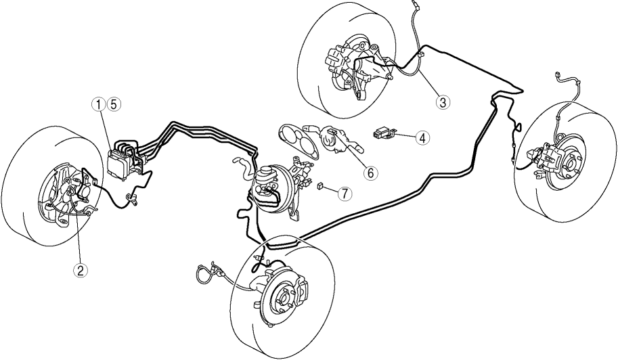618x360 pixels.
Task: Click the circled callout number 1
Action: (x=99, y=104)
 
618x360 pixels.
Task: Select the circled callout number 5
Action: (x=114, y=104)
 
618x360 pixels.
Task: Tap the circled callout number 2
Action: (x=81, y=270)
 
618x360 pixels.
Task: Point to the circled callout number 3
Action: (x=443, y=102)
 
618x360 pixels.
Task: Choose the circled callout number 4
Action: (x=422, y=138)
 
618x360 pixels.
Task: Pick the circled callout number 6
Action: (x=370, y=173)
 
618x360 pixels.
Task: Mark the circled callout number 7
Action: (x=344, y=193)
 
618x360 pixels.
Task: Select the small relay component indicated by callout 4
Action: (x=382, y=134)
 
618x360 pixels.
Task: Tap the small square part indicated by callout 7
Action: (x=321, y=185)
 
